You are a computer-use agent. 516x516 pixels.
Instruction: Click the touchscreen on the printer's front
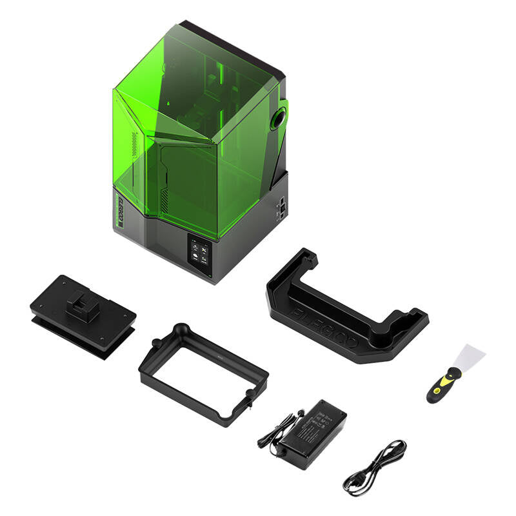[199, 252]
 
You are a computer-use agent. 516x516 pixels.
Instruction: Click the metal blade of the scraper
[472, 357]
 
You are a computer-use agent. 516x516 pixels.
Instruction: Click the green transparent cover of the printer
[193, 129]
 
